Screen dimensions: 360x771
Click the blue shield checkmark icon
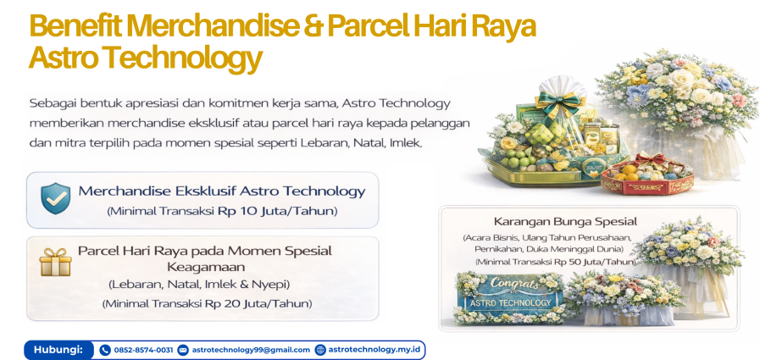(56, 197)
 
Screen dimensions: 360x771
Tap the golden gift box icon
(55, 262)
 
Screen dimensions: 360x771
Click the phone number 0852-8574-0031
(142, 350)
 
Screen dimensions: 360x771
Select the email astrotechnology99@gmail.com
(251, 350)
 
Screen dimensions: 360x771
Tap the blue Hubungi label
(58, 349)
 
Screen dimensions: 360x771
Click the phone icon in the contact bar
(105, 350)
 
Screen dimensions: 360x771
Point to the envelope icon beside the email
(183, 350)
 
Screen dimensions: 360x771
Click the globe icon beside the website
(320, 350)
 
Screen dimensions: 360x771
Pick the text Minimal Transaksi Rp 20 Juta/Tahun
(207, 303)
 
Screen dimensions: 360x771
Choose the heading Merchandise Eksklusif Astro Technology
(222, 191)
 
